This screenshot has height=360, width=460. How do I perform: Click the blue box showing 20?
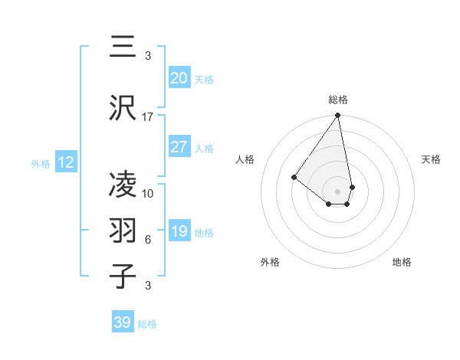click(x=179, y=78)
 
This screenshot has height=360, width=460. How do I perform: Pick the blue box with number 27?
click(x=179, y=147)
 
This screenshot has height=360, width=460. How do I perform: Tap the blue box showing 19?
click(x=179, y=231)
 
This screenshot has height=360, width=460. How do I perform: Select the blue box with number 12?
click(x=66, y=162)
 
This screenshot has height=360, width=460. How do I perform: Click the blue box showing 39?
click(x=123, y=322)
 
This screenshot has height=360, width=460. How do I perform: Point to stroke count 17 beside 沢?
click(x=148, y=117)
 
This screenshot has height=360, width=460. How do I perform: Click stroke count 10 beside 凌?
click(x=148, y=194)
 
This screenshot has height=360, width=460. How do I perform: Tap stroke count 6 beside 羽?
click(x=148, y=240)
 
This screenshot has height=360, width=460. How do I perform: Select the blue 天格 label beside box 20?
click(x=204, y=80)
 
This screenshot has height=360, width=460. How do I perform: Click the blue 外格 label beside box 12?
click(x=41, y=164)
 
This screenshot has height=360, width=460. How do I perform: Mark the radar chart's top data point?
click(x=337, y=116)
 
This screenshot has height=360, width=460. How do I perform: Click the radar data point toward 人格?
click(x=294, y=177)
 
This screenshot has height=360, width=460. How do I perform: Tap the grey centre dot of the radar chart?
click(x=337, y=191)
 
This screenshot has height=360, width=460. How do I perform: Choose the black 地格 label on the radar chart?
click(x=402, y=263)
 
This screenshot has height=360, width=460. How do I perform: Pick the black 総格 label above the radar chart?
click(x=337, y=100)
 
